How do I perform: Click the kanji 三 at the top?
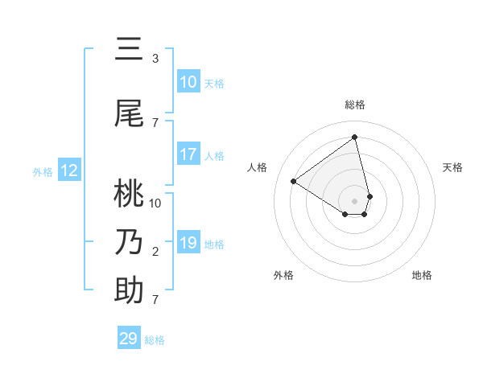click(130, 50)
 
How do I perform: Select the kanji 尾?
click(130, 113)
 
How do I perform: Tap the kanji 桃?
click(130, 193)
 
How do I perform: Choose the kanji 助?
click(130, 290)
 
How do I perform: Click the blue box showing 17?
click(188, 154)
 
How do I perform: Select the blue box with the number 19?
click(188, 243)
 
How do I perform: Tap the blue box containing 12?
click(69, 171)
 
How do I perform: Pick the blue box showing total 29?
click(129, 339)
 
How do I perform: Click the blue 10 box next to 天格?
click(188, 82)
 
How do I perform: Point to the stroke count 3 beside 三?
click(155, 59)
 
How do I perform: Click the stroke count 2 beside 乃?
click(155, 252)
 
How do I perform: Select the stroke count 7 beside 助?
click(155, 300)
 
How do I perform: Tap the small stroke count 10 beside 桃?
click(155, 203)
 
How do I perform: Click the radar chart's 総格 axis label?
click(355, 105)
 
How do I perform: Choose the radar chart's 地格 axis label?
click(422, 275)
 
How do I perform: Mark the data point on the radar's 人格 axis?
click(294, 181)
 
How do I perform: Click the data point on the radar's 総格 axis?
click(355, 137)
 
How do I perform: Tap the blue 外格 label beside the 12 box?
click(43, 171)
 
